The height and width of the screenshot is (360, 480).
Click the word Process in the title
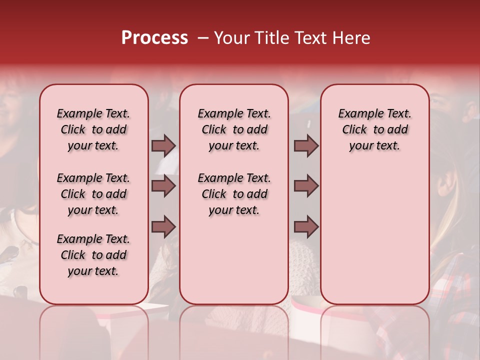coord(154,38)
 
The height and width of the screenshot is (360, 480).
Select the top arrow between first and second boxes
coord(163,145)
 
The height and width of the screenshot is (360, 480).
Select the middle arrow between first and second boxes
coord(163,186)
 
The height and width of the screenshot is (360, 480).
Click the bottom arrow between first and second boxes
coord(163,227)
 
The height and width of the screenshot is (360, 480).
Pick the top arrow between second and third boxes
coord(306,145)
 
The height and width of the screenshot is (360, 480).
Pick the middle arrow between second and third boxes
coord(306,186)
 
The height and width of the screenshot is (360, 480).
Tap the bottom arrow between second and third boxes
coord(306,227)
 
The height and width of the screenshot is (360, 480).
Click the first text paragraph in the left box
coord(93,129)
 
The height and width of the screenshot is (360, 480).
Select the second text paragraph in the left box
coord(93,194)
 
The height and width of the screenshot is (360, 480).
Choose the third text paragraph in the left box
coord(93,255)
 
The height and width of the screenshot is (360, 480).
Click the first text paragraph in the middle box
coord(234,129)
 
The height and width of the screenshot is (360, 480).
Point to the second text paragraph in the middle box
coord(234,194)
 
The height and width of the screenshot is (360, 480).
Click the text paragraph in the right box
coord(374,129)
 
